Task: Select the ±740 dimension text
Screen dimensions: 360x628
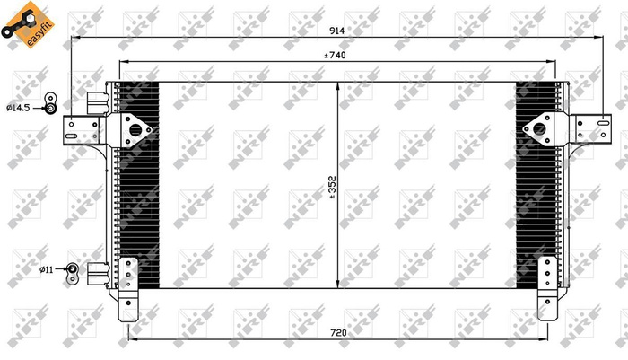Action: (337, 56)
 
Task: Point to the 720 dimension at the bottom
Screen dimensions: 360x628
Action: (338, 333)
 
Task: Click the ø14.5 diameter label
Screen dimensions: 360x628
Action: (19, 108)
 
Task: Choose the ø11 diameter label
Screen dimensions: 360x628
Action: (47, 268)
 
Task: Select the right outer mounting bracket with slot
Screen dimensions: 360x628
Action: (593, 130)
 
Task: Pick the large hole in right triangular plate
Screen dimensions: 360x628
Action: (541, 129)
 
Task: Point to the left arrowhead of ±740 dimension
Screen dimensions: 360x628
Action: (123, 62)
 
